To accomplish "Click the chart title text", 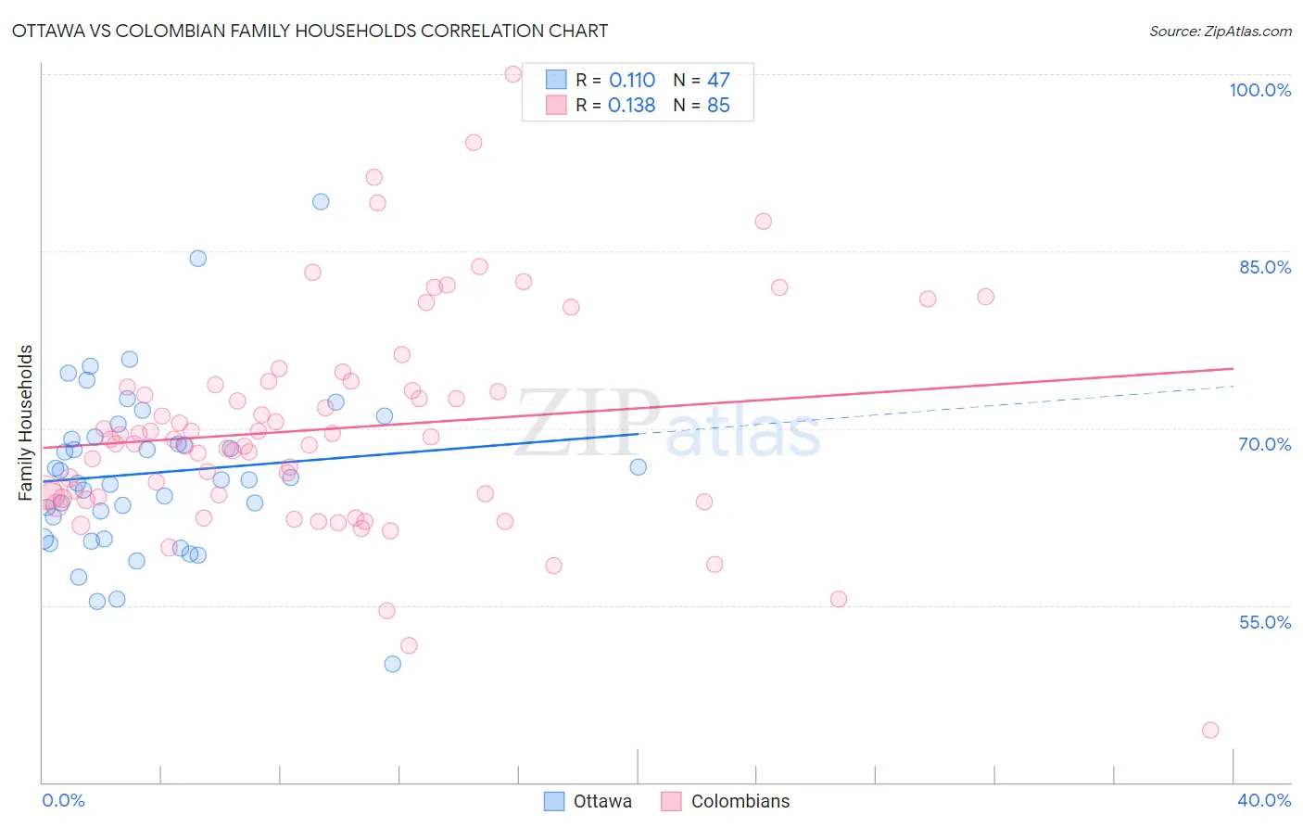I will (310, 31).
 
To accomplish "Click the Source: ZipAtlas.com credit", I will (1220, 31).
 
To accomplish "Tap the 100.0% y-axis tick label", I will (1259, 90).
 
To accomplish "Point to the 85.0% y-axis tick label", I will (1264, 267).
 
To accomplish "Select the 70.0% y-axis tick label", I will (1264, 444).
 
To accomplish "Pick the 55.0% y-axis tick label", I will (1264, 622).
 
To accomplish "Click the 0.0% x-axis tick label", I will (63, 800).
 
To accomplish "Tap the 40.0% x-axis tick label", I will (1264, 800).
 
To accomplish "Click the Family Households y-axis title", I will (26, 423).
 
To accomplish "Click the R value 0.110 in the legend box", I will (632, 81).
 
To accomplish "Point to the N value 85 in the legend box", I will (718, 106).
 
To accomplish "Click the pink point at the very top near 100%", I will (513, 74).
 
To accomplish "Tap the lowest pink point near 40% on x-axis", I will (1210, 730).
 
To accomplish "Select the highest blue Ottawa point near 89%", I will (321, 201).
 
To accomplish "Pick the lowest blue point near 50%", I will (393, 664).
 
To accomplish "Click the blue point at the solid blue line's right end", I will (639, 466).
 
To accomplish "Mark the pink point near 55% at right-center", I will (839, 599).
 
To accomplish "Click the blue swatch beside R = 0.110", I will (555, 80).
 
